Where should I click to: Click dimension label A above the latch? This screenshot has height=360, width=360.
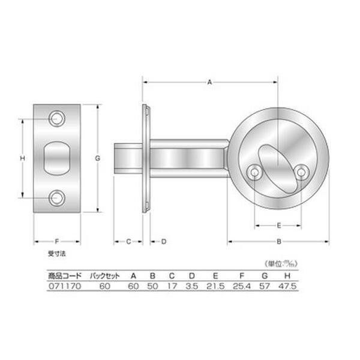point(209,82)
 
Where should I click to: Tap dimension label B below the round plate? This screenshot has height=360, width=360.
point(279,242)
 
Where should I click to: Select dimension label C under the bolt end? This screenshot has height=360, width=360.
point(128,242)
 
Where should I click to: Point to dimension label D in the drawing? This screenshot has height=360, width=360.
point(164,242)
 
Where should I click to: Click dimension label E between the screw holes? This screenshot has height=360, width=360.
point(279,226)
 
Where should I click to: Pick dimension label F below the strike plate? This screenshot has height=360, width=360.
point(57,242)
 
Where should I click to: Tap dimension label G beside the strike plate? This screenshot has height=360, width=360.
point(98,158)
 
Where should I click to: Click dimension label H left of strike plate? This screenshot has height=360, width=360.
point(23,158)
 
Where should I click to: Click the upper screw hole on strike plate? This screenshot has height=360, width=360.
point(57,119)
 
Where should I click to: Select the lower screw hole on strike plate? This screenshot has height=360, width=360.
point(57,197)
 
